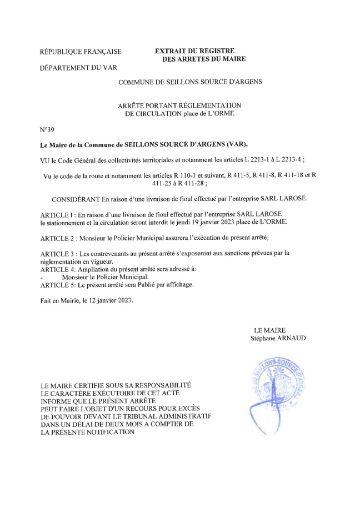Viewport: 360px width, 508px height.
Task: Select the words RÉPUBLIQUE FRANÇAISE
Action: tap(81, 53)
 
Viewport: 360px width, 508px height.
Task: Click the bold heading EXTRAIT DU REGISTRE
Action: tap(194, 51)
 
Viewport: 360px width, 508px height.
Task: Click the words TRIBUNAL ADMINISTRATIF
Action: tap(170, 416)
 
